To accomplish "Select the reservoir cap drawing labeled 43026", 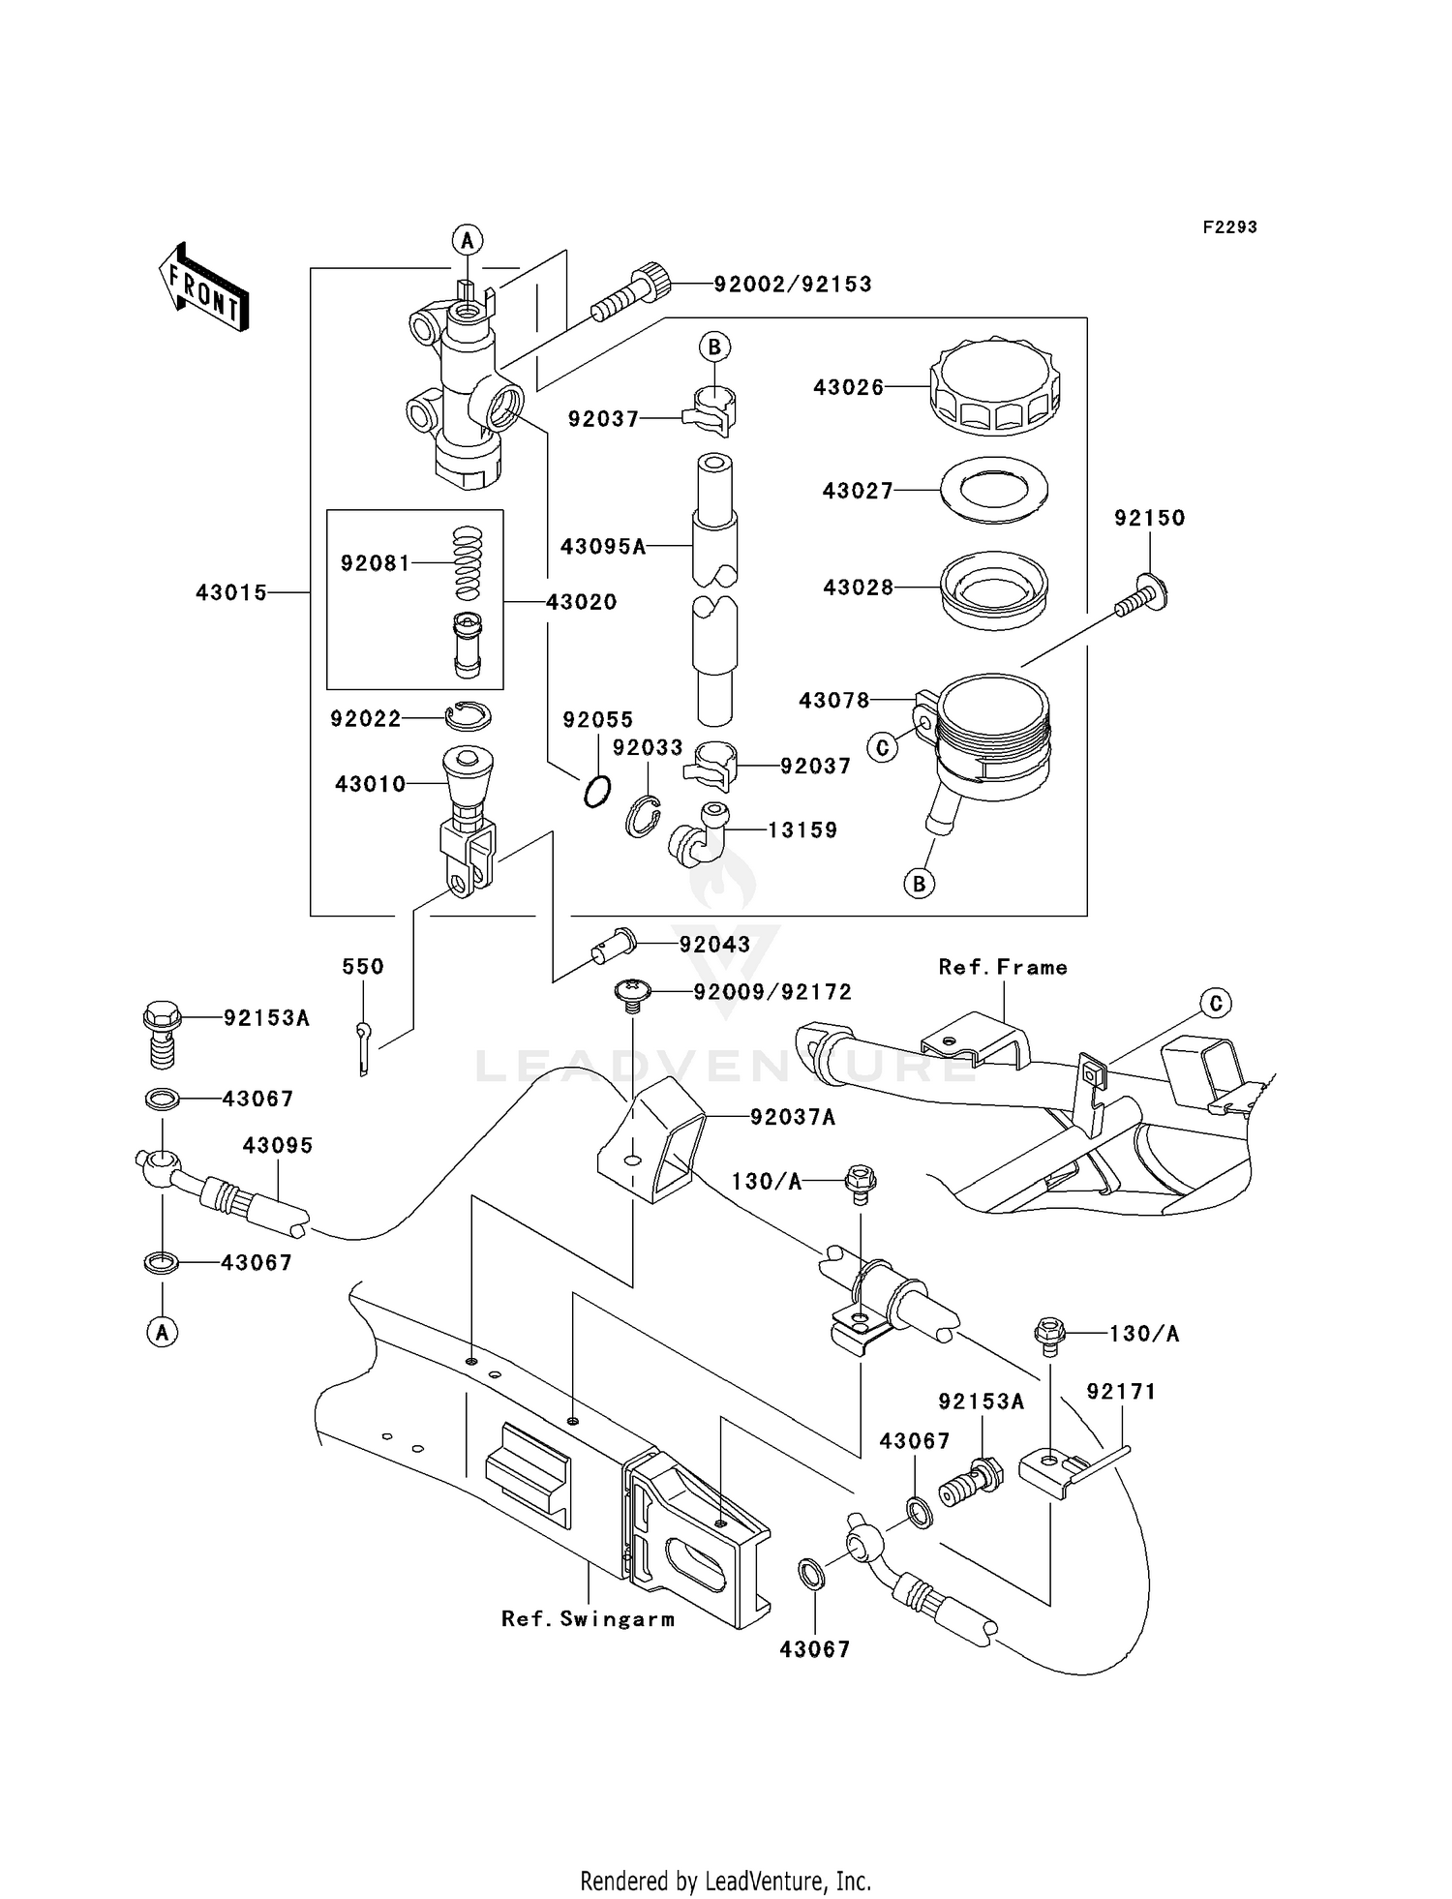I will [994, 387].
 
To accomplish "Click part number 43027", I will [857, 491].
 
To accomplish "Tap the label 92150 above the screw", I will [1149, 518].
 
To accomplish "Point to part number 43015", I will [231, 592].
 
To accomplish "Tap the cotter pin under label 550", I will [362, 1047].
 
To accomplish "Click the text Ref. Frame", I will [1003, 967].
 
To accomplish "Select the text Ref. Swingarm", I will [588, 1618].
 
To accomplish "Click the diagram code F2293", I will [1229, 226].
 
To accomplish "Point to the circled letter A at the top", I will [467, 239].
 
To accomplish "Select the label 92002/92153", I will [793, 284].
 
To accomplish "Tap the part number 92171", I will [1121, 1391].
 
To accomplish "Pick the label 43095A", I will [602, 547].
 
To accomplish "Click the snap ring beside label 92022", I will [469, 716].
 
